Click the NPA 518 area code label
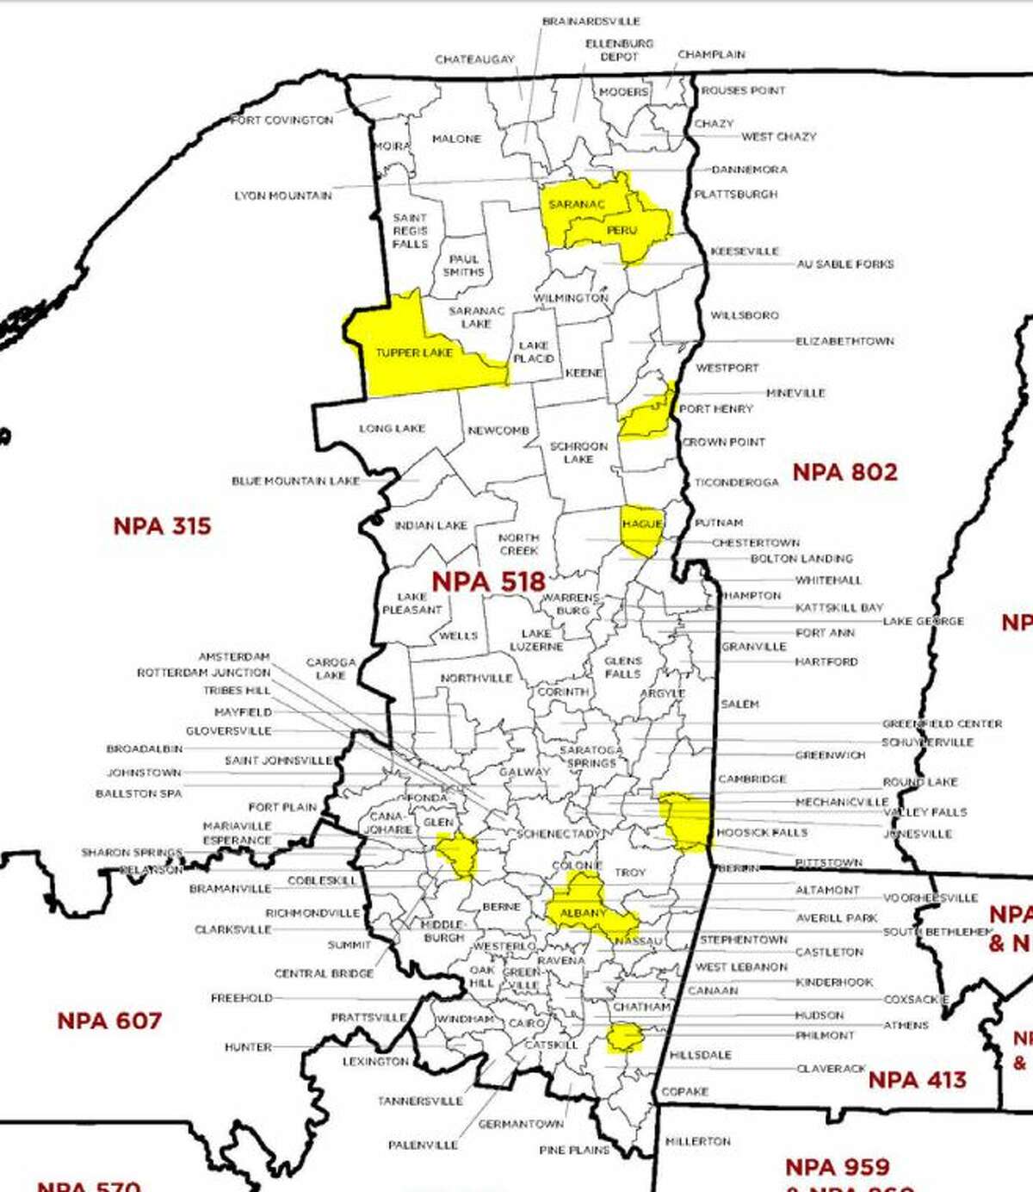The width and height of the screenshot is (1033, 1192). pyautogui.click(x=488, y=581)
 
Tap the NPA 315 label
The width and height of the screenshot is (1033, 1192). pyautogui.click(x=162, y=525)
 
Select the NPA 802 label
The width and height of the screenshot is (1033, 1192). pyautogui.click(x=844, y=472)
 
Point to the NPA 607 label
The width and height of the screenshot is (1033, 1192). pyautogui.click(x=109, y=1021)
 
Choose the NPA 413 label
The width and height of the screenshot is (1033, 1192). pyautogui.click(x=917, y=1079)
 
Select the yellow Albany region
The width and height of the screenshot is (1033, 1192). pyautogui.click(x=583, y=911)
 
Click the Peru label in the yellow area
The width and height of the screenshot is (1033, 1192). pyautogui.click(x=622, y=231)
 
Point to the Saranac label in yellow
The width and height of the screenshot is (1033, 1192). pyautogui.click(x=577, y=204)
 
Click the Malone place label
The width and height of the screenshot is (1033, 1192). pyautogui.click(x=456, y=139)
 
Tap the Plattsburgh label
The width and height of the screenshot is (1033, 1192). pyautogui.click(x=736, y=195)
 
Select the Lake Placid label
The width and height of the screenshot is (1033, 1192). pyautogui.click(x=534, y=351)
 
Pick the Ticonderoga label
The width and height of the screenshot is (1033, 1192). pyautogui.click(x=737, y=482)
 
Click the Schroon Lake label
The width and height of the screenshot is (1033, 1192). pyautogui.click(x=578, y=452)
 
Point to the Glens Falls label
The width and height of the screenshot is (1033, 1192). pyautogui.click(x=622, y=667)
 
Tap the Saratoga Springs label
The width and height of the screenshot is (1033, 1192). pyautogui.click(x=591, y=756)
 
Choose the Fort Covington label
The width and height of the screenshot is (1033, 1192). pyautogui.click(x=282, y=121)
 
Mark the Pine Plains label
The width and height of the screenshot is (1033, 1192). pyautogui.click(x=574, y=1150)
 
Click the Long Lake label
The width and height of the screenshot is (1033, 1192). pyautogui.click(x=392, y=428)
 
